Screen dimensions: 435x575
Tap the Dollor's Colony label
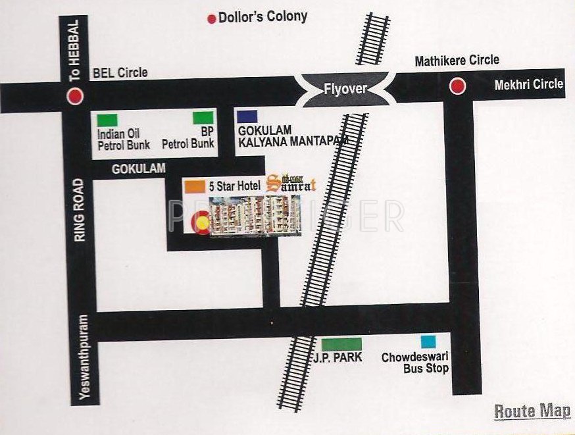(262, 16)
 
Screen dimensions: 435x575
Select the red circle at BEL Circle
(76, 96)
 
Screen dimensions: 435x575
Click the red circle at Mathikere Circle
(457, 86)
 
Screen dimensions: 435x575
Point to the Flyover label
(345, 88)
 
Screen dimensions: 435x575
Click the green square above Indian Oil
(107, 120)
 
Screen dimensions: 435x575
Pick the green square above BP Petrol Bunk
(203, 118)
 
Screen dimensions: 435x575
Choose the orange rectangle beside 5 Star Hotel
(194, 186)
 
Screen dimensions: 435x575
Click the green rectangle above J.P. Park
(341, 344)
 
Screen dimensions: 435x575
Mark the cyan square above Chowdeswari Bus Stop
(428, 342)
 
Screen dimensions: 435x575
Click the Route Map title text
(532, 412)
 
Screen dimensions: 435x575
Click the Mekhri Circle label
(529, 84)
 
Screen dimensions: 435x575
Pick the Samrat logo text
(293, 185)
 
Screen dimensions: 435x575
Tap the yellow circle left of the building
(203, 224)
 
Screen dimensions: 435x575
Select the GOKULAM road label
(138, 169)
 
